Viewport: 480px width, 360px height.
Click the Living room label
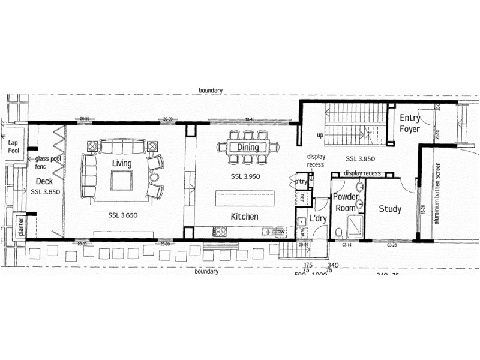click(122, 163)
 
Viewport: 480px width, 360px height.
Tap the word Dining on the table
click(248, 147)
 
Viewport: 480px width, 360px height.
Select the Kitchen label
click(245, 217)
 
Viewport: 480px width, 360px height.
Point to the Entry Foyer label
click(410, 123)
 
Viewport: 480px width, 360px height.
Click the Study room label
click(390, 209)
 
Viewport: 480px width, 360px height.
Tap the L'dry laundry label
click(318, 218)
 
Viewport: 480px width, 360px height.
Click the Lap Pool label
click(13, 146)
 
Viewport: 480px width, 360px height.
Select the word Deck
click(44, 181)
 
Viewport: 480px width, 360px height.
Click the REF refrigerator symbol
click(302, 198)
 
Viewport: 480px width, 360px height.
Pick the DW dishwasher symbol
click(280, 231)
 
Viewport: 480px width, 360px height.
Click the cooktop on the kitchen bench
click(220, 231)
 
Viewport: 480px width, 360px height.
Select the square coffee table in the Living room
click(122, 179)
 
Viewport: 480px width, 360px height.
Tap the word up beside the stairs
click(320, 135)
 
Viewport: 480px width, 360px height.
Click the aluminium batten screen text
click(437, 192)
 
